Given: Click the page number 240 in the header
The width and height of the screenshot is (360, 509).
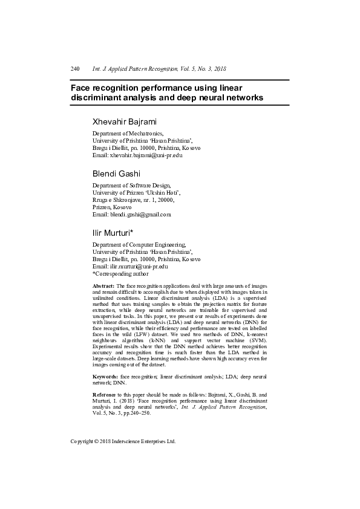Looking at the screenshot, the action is (75, 69).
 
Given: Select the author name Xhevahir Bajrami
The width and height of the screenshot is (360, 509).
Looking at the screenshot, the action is (124, 121).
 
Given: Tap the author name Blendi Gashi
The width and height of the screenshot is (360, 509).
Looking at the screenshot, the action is (116, 174).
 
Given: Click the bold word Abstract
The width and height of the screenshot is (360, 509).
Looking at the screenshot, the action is (103, 285).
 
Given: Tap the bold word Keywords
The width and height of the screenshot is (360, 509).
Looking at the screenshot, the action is (105, 376).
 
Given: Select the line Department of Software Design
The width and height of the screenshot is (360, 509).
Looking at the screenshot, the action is (131, 186).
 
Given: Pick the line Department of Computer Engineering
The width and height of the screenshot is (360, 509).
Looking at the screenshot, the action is (139, 244).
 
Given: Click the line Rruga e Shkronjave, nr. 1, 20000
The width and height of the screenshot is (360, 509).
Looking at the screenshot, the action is (133, 199).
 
